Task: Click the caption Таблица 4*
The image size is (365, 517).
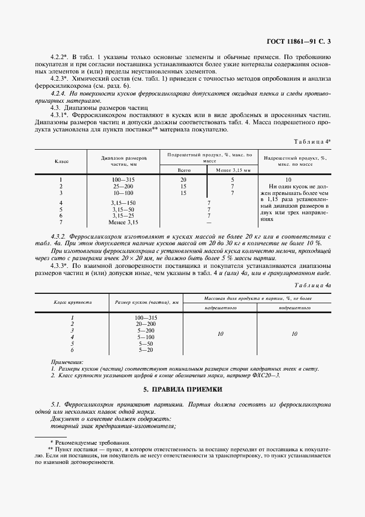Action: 313,142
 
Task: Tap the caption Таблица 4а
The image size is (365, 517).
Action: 312,285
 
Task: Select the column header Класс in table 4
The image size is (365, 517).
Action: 61,161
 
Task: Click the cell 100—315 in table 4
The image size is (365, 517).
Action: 123,180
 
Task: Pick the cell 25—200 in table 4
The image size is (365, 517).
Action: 123,187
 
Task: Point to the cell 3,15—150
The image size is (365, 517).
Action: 123,203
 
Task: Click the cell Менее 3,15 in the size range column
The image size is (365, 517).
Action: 123,223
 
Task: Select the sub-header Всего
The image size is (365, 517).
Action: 183,171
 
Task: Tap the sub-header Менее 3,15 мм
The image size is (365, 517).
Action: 232,171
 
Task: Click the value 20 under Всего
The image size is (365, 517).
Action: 183,180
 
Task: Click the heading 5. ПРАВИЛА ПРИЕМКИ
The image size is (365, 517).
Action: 182,390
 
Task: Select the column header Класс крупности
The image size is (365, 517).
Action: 72,303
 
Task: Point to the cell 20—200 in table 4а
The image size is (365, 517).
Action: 146,324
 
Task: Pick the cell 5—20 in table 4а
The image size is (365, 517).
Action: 146,350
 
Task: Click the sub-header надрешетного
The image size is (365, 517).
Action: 221,307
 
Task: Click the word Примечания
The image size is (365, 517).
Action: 66,362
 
